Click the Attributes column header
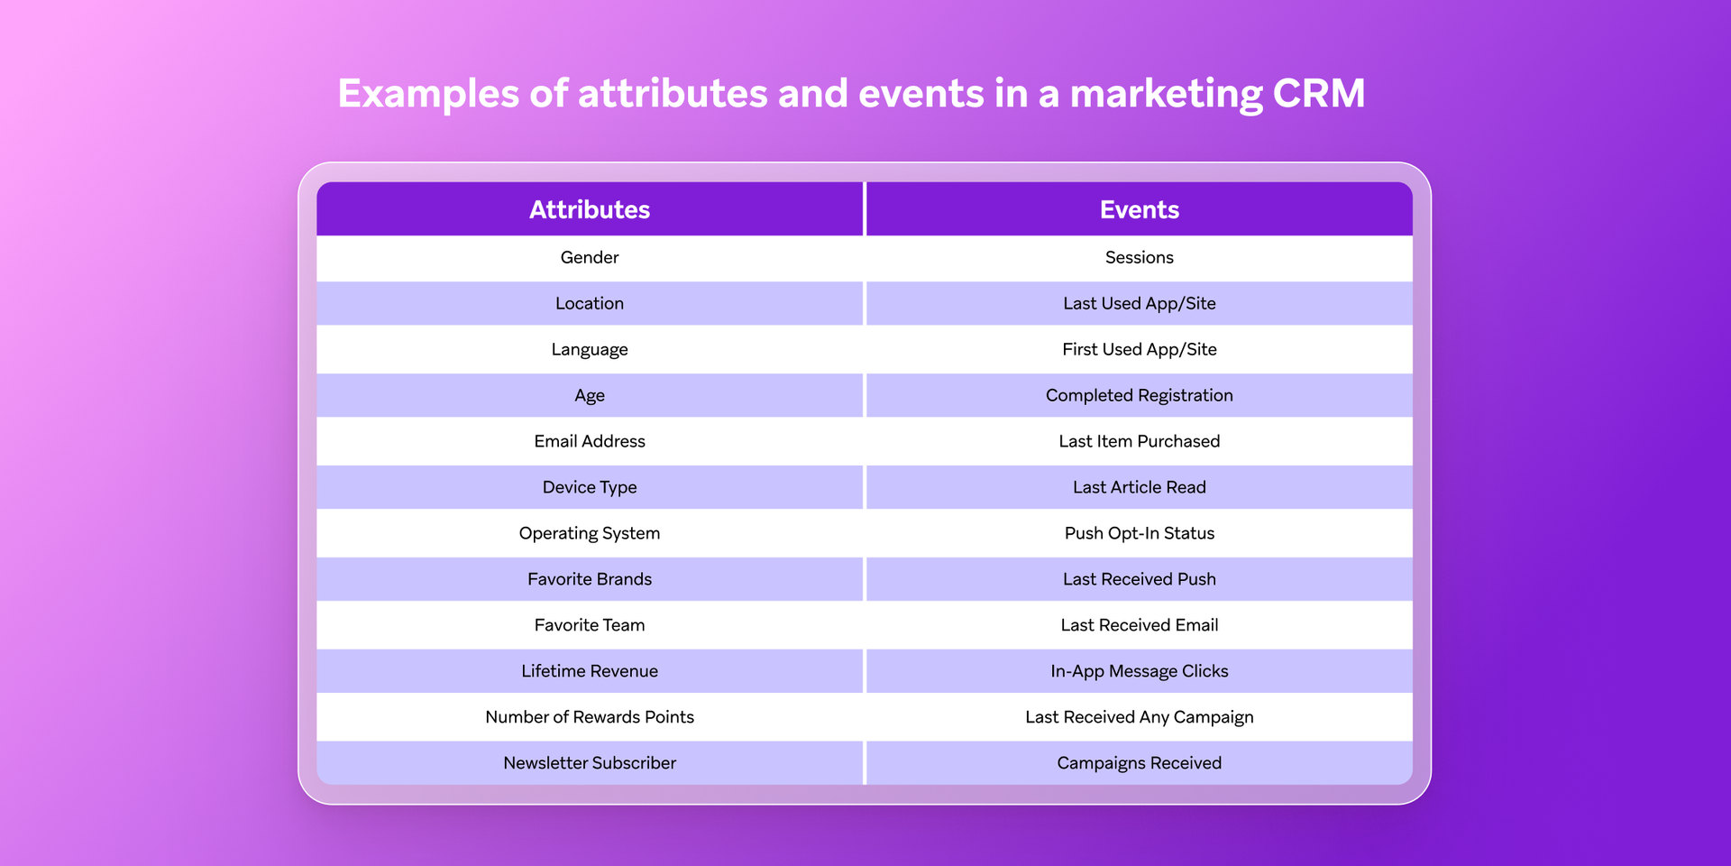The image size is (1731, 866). [x=590, y=209]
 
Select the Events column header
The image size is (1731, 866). [x=1139, y=209]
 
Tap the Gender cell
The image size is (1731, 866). [x=590, y=257]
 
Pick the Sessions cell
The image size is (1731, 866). [x=1139, y=257]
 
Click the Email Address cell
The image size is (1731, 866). [x=590, y=441]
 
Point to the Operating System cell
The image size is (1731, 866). [x=590, y=533]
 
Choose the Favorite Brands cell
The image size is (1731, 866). [x=590, y=579]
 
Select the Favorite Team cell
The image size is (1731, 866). [x=590, y=625]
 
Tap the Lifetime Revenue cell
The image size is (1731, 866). [x=590, y=671]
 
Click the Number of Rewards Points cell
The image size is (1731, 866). [x=590, y=717]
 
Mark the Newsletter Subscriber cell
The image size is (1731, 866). [x=590, y=763]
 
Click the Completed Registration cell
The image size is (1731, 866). [x=1139, y=395]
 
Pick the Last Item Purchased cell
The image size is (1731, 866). [x=1139, y=441]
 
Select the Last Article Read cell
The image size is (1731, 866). [x=1139, y=487]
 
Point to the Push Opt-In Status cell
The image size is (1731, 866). [x=1139, y=533]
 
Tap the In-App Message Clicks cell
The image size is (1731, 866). [x=1139, y=671]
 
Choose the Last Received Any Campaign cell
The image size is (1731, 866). [x=1139, y=717]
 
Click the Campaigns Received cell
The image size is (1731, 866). [x=1139, y=763]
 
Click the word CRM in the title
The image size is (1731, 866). [x=1319, y=94]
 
